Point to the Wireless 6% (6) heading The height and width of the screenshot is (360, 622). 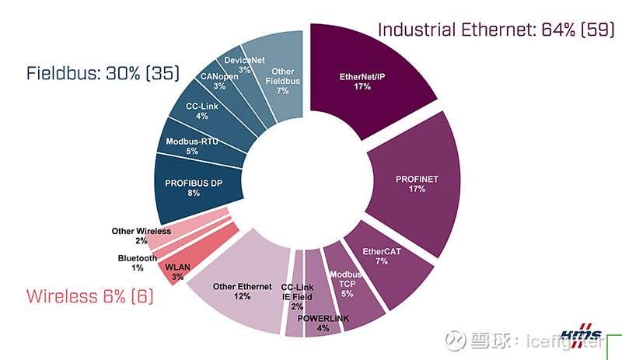[x=90, y=296]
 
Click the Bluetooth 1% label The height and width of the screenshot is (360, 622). [x=138, y=263]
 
